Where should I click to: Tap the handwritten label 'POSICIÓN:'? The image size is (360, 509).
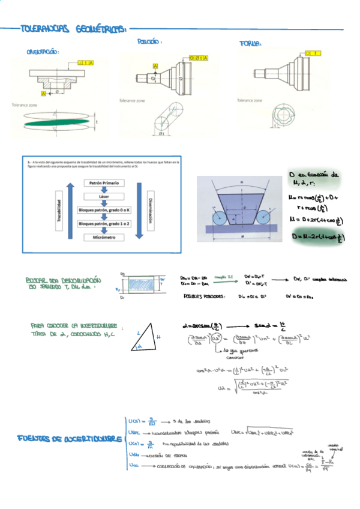coord(150,43)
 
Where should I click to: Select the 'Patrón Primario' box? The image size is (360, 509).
coord(104,183)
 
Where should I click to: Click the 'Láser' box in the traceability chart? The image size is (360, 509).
coord(104,196)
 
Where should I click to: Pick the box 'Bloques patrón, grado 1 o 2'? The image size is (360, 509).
coord(104,224)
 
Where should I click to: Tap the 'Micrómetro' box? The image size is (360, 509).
coord(104,238)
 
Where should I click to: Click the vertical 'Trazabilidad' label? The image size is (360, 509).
coord(59,211)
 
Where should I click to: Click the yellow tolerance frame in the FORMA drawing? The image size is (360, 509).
coord(313,53)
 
